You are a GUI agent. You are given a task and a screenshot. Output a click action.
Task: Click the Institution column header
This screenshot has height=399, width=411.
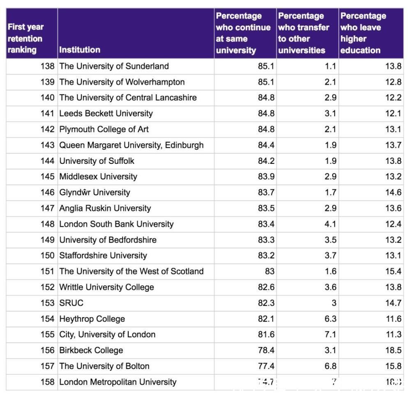[80, 50]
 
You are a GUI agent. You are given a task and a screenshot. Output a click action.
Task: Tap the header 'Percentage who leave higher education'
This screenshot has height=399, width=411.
[363, 33]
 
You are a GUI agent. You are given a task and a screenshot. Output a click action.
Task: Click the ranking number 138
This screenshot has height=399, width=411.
[47, 66]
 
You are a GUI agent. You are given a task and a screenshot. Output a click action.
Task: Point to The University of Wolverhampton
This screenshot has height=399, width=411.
[122, 82]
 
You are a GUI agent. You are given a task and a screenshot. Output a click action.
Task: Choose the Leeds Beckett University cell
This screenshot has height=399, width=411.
[106, 114]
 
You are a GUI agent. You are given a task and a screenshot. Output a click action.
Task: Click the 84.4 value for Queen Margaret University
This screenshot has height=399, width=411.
[266, 145]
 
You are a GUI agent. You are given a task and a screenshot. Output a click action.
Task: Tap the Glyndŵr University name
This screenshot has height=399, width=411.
[95, 193]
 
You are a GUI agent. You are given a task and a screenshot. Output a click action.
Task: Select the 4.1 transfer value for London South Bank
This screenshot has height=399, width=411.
[330, 224]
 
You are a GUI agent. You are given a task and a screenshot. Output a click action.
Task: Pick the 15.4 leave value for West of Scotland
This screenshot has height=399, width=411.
[393, 271]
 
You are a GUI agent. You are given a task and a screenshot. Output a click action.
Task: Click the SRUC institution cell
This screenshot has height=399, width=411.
[72, 303]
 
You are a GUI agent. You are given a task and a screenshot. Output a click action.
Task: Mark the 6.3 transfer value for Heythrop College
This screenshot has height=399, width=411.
[330, 319]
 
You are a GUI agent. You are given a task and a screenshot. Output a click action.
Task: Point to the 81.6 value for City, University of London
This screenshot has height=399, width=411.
[266, 335]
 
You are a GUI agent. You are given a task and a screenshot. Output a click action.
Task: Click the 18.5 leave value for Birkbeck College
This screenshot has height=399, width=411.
[393, 351]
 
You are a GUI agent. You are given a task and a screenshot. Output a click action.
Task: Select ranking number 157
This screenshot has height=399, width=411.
[47, 366]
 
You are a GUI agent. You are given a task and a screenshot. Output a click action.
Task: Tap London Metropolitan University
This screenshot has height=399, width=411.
[118, 382]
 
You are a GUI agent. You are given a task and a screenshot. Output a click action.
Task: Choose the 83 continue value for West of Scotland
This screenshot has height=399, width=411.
[269, 271]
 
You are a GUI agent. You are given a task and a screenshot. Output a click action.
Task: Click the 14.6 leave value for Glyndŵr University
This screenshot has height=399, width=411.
[393, 193]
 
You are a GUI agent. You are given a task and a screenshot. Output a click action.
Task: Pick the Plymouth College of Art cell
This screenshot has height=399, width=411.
[104, 129]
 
